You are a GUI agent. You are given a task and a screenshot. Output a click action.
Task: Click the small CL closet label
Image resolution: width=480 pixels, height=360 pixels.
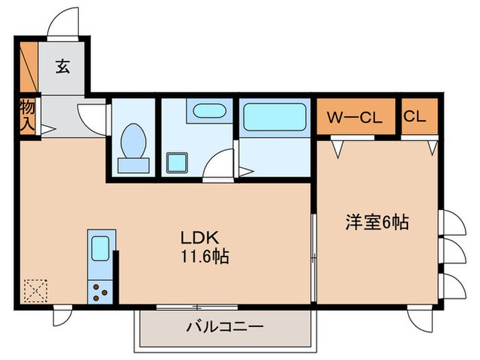(x=414, y=117)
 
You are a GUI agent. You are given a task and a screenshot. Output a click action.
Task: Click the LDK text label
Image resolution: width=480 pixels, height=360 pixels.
(x=199, y=238)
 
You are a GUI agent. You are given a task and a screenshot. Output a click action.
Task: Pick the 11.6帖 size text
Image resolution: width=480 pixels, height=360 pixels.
(x=204, y=258)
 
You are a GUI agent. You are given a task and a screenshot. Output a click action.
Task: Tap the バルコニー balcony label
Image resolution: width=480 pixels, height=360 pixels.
(x=224, y=326)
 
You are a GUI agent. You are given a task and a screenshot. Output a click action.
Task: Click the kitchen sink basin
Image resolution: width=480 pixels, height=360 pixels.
(x=99, y=248)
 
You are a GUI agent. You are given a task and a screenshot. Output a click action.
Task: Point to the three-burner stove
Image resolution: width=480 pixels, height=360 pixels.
(x=99, y=291)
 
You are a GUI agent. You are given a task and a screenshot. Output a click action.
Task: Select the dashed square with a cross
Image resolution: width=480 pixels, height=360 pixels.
(x=34, y=291)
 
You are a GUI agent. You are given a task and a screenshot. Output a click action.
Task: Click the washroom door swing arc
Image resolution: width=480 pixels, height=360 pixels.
(x=219, y=166)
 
